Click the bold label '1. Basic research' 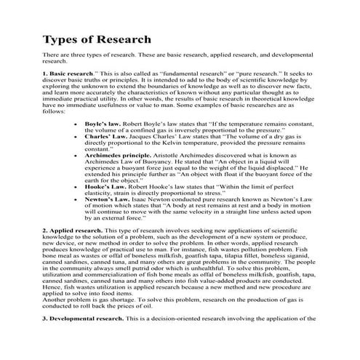[68, 74]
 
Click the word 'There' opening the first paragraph [52, 55]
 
